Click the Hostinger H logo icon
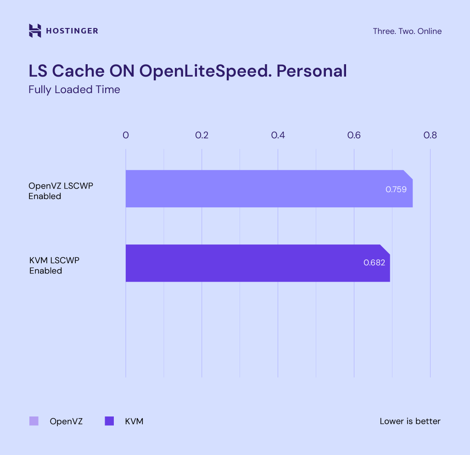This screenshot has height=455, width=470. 35,31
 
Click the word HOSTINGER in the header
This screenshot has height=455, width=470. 72,31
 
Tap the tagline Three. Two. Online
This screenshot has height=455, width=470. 407,31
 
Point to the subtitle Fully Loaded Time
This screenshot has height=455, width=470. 74,89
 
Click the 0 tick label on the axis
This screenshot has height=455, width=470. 126,135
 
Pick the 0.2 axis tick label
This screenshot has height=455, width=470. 202,135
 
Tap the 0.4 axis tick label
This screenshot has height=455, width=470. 278,135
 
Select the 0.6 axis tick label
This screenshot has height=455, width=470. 354,135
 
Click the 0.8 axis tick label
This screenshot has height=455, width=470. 430,135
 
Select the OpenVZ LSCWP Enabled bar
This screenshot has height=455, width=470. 257,189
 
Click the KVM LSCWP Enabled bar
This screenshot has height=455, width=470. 248,263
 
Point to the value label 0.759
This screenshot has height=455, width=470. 396,189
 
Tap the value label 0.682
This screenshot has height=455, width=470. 374,263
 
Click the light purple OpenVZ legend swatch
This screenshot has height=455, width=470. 34,421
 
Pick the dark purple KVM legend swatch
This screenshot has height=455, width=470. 109,421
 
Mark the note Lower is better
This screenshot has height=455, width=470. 410,421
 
